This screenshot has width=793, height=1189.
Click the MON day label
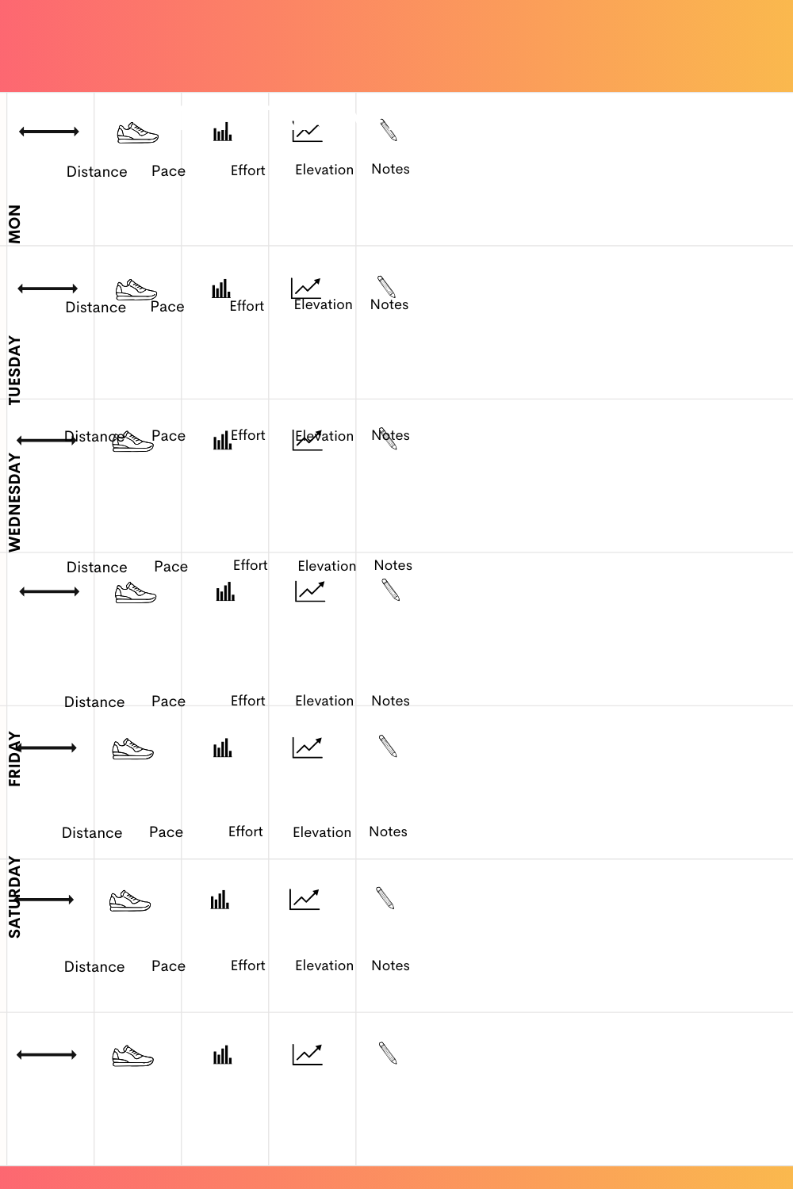[14, 224]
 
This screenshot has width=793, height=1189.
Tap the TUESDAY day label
[14, 370]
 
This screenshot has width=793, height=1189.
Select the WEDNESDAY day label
[14, 503]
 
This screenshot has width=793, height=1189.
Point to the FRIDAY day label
[14, 759]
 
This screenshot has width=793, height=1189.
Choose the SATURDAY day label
[14, 897]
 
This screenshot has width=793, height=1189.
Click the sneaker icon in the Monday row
[138, 132]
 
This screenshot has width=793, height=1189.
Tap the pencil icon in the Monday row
[388, 130]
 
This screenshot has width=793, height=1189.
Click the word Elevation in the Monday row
[324, 170]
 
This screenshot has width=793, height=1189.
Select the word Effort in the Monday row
[247, 170]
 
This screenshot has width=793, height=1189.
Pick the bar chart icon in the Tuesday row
[221, 289]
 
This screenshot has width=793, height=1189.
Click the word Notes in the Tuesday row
[389, 305]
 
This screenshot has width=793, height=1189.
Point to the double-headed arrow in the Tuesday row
[48, 289]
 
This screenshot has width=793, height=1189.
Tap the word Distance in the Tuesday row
[96, 308]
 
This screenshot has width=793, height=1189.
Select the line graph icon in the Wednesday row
[308, 441]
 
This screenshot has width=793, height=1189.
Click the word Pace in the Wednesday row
[168, 436]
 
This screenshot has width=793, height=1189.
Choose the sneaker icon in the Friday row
[133, 749]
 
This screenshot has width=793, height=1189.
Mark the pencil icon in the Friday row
[388, 746]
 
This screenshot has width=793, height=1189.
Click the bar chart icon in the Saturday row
[220, 900]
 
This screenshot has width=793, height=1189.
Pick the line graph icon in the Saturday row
[305, 899]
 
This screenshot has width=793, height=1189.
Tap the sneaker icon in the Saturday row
[130, 901]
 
